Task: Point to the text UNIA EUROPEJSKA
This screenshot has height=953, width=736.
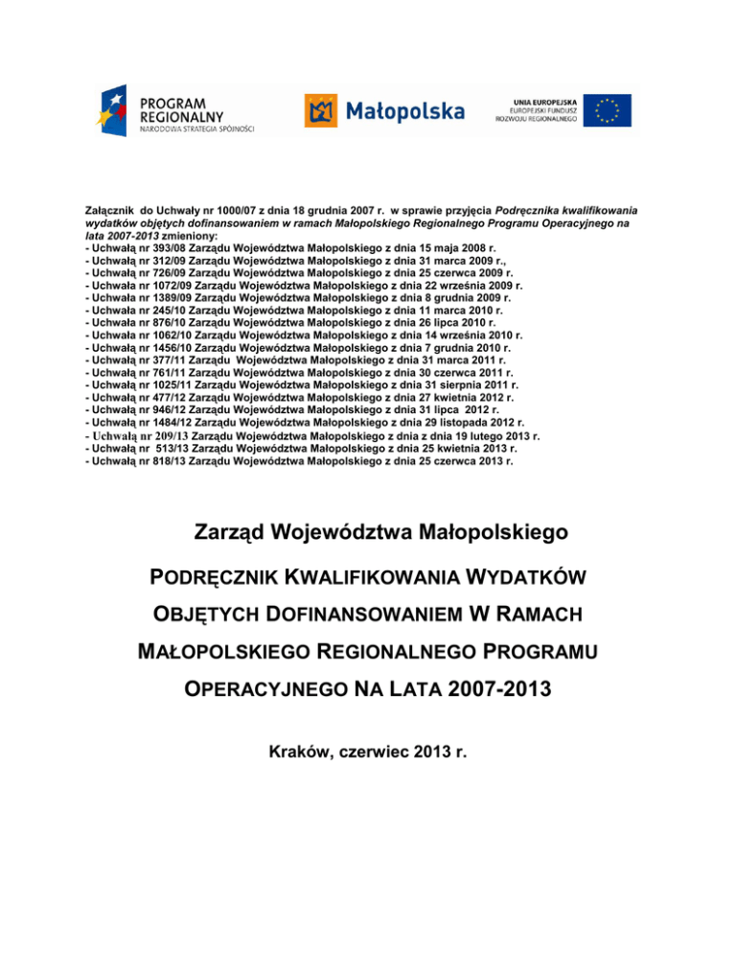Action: (536, 100)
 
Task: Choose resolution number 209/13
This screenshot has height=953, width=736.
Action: (172, 435)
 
